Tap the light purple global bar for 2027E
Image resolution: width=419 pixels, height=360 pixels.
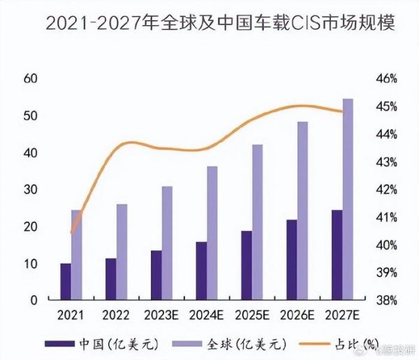[348, 200]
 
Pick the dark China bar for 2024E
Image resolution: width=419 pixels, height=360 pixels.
[201, 271]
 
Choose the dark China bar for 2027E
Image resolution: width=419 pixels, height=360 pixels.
[337, 255]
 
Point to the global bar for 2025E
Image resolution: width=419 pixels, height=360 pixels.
[258, 222]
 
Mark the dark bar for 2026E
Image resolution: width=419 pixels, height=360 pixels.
[291, 260]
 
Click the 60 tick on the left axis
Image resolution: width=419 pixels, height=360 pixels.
[29, 79]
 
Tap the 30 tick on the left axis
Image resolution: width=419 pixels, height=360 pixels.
[29, 190]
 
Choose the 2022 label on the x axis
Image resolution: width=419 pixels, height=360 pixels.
[116, 315]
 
